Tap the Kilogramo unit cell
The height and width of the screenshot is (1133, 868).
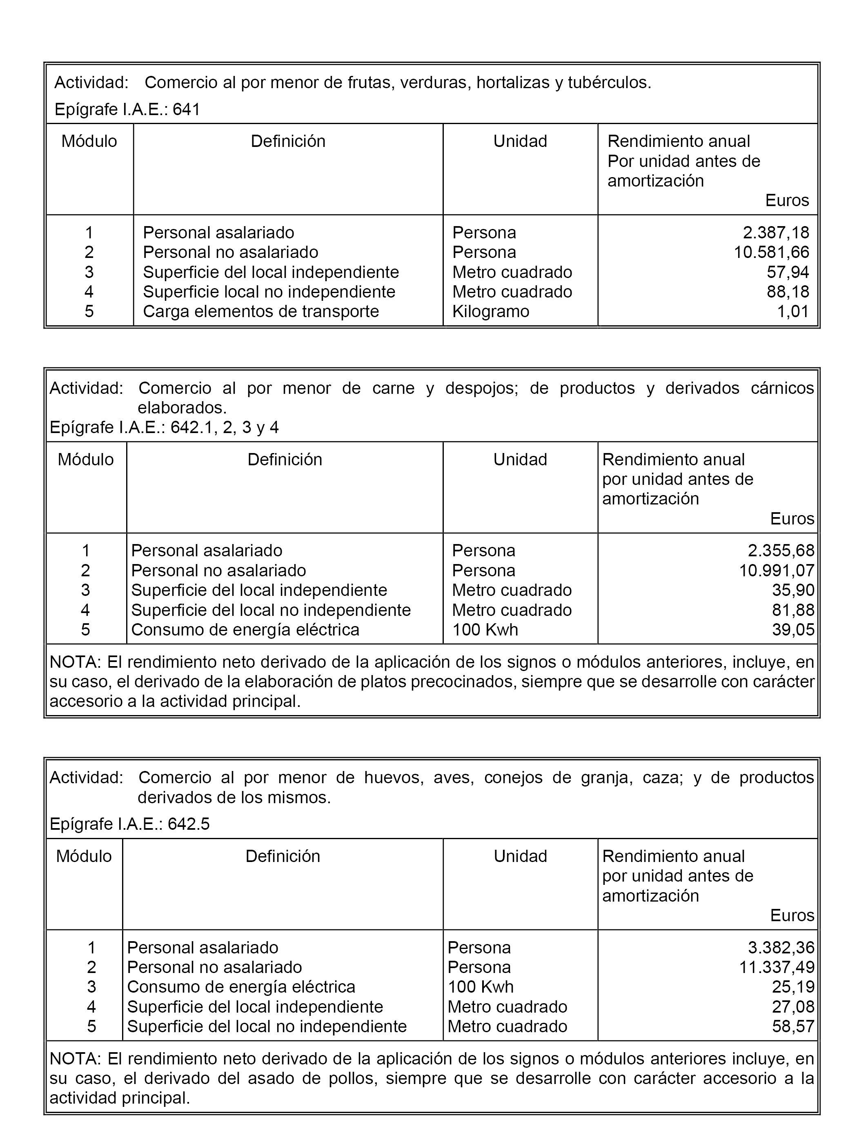point(490,311)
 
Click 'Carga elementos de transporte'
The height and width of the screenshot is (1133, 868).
point(261,311)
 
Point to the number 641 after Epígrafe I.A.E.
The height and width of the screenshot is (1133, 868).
point(186,109)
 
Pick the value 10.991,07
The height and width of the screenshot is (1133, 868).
point(777,570)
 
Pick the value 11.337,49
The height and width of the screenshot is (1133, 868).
point(777,967)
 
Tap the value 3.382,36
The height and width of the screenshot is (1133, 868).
point(781,947)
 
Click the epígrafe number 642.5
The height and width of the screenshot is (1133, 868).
point(189,824)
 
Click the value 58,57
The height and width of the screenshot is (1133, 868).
point(793,1026)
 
